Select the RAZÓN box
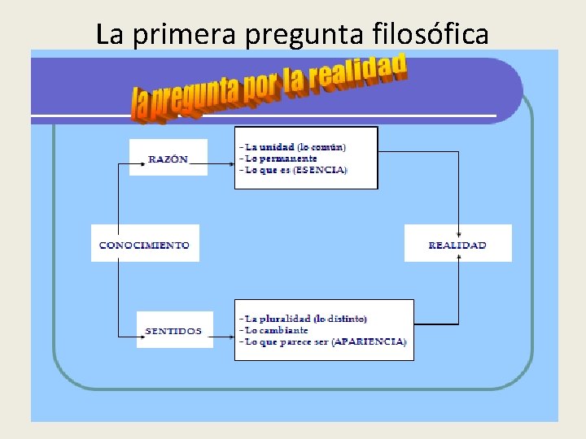tap(168, 158)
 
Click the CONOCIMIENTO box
tap(144, 244)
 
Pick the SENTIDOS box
tap(174, 330)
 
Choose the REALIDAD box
tap(457, 244)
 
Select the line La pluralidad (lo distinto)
tap(306, 319)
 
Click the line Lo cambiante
tap(278, 330)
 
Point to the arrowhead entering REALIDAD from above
tap(459, 221)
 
